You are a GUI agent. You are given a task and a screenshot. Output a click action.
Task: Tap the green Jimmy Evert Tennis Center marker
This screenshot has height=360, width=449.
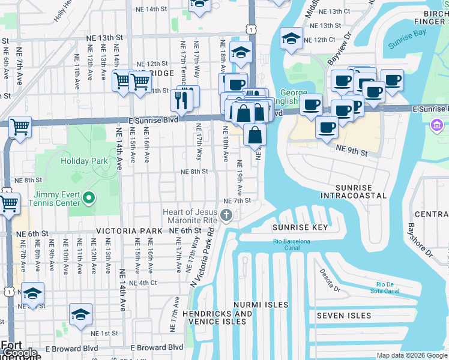pos(89,197)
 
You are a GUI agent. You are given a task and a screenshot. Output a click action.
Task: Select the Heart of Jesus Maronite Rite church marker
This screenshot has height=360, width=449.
pos(226,215)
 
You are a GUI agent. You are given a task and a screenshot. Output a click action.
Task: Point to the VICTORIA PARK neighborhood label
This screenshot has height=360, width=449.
pos(129,231)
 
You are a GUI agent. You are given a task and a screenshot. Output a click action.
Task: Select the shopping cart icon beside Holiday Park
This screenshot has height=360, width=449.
pos(20,127)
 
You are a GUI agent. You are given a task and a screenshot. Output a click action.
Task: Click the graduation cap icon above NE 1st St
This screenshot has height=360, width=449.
pos(80,314)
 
